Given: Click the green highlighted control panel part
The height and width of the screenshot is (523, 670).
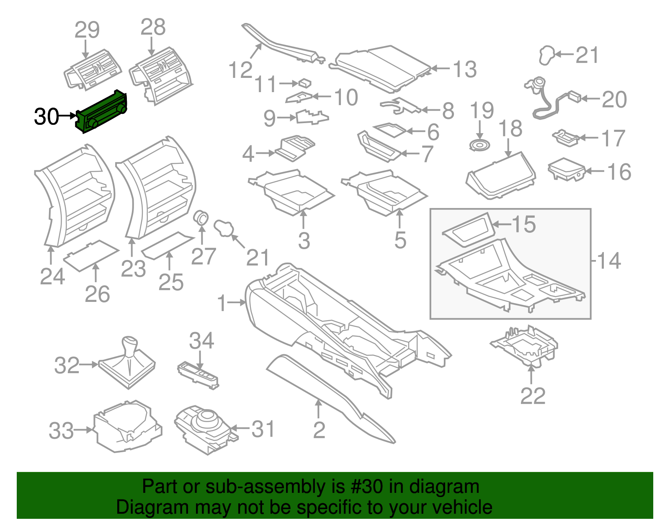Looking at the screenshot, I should [102, 112].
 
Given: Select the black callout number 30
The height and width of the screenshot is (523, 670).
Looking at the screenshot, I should [46, 116].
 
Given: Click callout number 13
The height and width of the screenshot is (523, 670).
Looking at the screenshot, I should [465, 70].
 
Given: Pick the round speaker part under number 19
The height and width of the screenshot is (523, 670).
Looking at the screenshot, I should [479, 145].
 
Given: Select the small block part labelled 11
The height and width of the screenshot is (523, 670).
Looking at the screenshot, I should [305, 82].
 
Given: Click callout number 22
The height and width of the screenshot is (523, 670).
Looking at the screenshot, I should [533, 396].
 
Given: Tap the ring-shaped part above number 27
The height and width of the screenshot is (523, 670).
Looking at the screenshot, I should [201, 217].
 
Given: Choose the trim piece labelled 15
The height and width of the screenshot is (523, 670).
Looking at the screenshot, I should [467, 231].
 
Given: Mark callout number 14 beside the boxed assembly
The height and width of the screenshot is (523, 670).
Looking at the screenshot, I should [609, 261].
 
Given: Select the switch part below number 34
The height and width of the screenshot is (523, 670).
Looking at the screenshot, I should [198, 374].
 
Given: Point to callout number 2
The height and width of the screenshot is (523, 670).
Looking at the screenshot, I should [319, 430].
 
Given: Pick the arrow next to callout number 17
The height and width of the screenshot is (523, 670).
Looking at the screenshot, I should [589, 137].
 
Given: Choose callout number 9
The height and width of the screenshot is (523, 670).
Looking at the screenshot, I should [270, 119].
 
